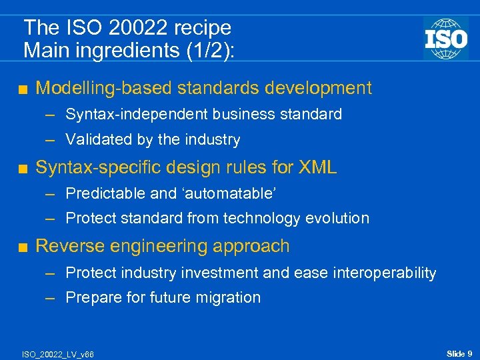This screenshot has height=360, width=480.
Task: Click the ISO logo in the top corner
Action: [x=445, y=38]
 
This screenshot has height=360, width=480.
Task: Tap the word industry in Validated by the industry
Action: [x=215, y=140]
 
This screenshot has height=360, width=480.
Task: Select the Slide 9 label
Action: [x=459, y=353]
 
